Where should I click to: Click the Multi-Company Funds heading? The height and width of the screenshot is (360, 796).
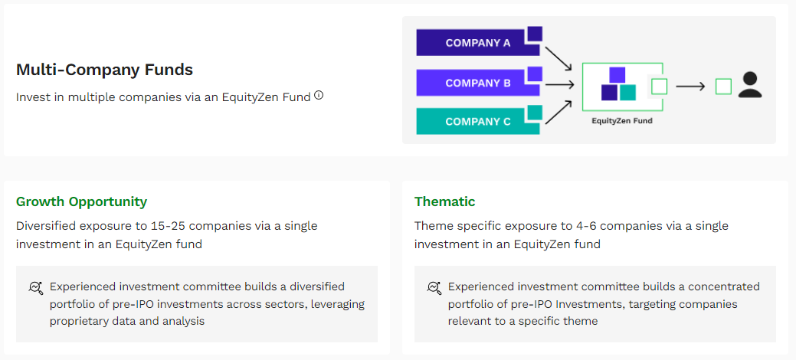(x=105, y=70)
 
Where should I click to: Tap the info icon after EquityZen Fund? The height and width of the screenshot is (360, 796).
(x=318, y=95)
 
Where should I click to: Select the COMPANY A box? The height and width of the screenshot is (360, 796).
(x=478, y=43)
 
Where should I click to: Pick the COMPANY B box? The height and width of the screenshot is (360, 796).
(x=478, y=83)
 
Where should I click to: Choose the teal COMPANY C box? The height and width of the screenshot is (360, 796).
(x=478, y=122)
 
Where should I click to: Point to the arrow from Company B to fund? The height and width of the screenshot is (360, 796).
(x=559, y=84)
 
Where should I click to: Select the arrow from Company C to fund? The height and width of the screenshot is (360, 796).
(x=559, y=112)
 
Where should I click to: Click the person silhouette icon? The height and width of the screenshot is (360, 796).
(x=750, y=85)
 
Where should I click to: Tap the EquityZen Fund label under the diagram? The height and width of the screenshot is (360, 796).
(x=622, y=121)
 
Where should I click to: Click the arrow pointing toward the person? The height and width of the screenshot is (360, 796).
(x=690, y=87)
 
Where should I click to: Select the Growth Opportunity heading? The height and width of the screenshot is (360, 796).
(x=82, y=201)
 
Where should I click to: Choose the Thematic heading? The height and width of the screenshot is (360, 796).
(x=444, y=201)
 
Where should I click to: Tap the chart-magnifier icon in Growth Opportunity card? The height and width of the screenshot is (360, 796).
(x=35, y=288)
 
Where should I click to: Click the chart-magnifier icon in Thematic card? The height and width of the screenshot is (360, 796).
(x=434, y=288)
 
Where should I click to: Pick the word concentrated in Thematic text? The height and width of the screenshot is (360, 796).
(x=723, y=287)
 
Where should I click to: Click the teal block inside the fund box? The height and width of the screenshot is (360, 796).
(x=627, y=93)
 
